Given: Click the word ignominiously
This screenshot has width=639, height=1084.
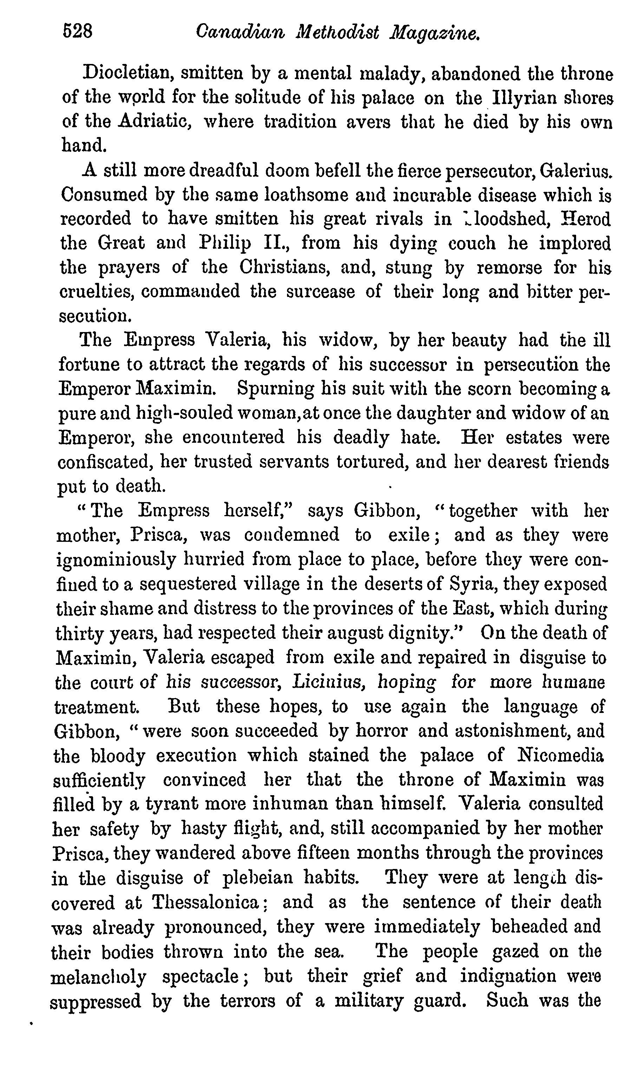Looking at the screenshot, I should (116, 560).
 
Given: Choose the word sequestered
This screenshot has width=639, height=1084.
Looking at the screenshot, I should (188, 584).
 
